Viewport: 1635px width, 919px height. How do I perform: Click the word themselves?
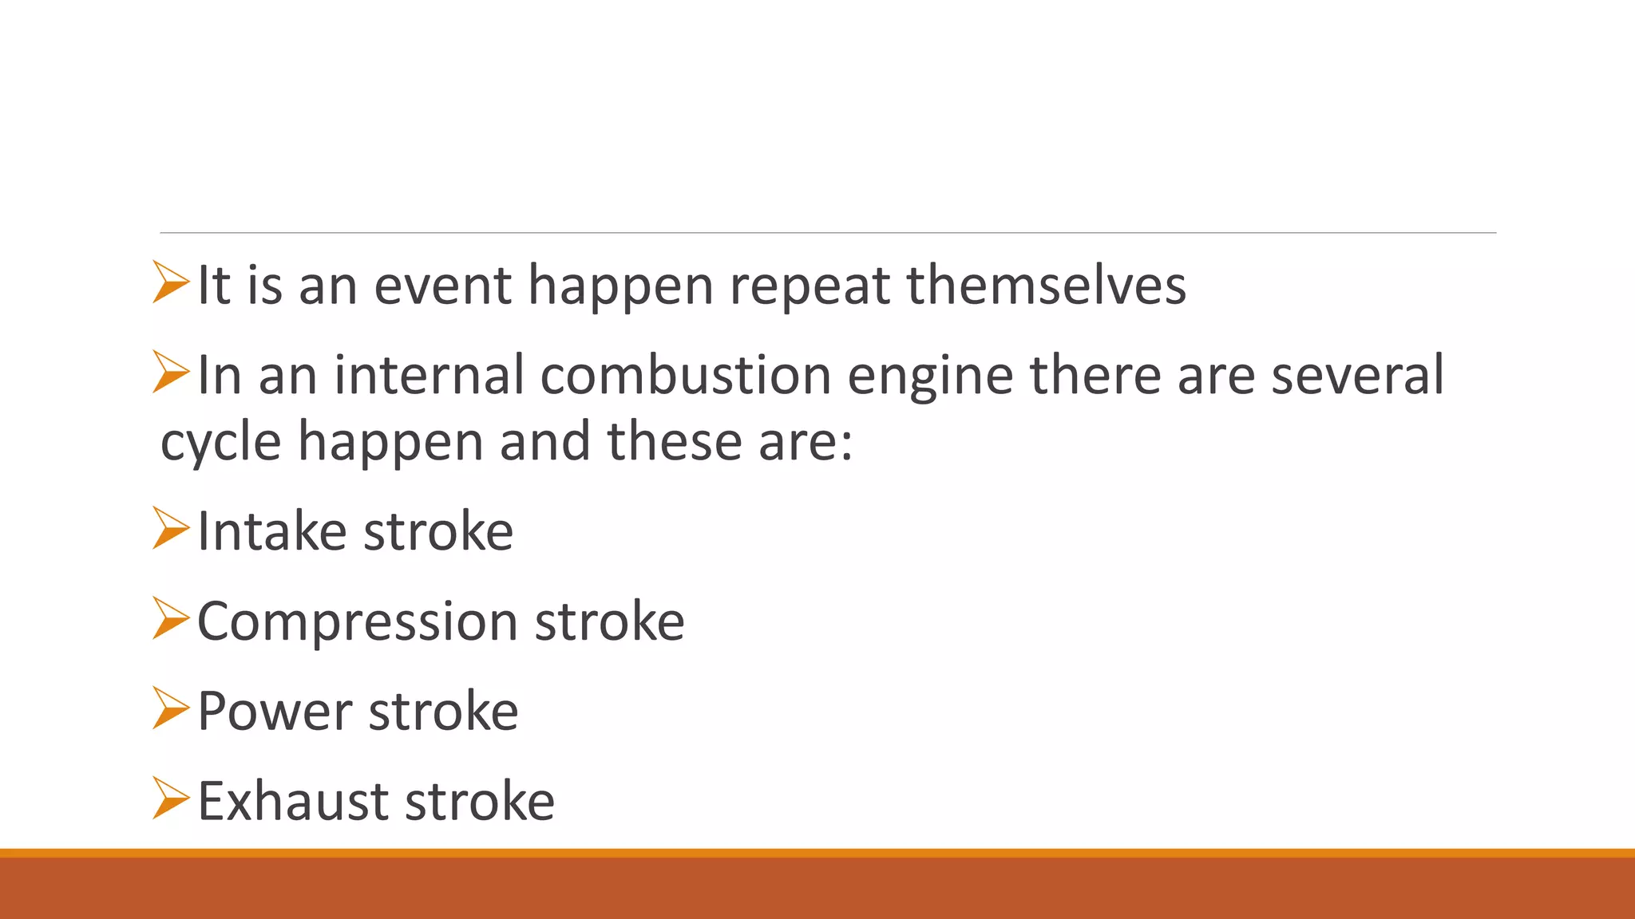tap(1046, 286)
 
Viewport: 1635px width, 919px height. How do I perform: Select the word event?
tap(442, 286)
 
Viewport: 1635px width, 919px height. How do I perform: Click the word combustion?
tap(685, 375)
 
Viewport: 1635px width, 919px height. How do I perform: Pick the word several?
tap(1357, 375)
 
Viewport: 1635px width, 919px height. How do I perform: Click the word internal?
tap(429, 375)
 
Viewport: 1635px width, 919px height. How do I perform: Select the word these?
tap(675, 442)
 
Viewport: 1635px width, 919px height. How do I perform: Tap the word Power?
tap(274, 712)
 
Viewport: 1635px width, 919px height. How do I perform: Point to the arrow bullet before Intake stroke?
tap(170, 528)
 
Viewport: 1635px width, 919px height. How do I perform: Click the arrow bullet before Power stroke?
tap(170, 708)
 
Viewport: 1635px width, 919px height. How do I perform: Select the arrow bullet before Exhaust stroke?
tap(170, 798)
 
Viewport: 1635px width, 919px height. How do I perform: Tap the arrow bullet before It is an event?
tap(170, 282)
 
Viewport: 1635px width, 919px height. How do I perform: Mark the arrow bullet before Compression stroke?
tap(170, 618)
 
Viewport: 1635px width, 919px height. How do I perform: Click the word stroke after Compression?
tap(609, 621)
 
